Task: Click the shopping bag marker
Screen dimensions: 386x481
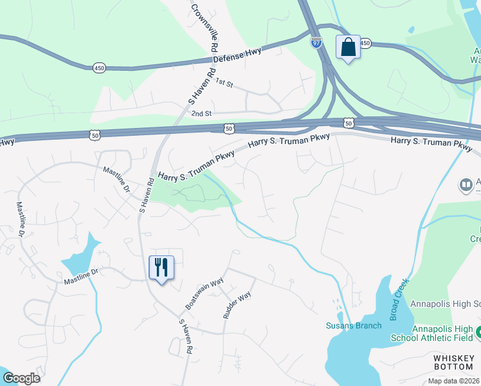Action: [348, 48]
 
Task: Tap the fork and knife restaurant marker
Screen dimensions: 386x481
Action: [161, 267]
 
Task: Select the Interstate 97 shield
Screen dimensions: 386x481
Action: [316, 43]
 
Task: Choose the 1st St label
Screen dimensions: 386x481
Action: [223, 82]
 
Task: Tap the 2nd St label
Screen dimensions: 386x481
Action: [201, 113]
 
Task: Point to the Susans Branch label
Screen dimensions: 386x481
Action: [354, 326]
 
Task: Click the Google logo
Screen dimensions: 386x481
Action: [21, 378]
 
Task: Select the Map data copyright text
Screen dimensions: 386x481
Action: [454, 381]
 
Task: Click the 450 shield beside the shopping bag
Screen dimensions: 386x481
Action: [365, 43]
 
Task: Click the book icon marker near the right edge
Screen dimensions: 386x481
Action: [466, 186]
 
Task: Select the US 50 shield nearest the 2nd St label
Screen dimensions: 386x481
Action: [230, 129]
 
